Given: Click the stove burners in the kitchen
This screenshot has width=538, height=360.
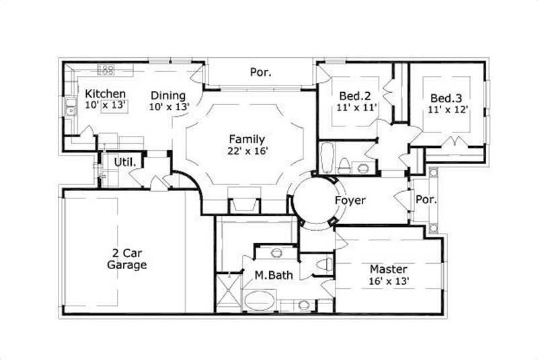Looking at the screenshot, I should pyautogui.click(x=106, y=69).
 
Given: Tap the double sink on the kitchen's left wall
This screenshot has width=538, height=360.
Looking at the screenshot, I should pyautogui.click(x=71, y=107).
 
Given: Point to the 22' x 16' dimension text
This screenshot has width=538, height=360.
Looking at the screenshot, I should pyautogui.click(x=248, y=151).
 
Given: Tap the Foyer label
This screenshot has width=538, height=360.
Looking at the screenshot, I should pyautogui.click(x=350, y=201).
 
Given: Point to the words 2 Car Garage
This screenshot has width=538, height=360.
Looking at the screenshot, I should pyautogui.click(x=126, y=260).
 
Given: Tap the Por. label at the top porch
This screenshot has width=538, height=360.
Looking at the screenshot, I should pyautogui.click(x=260, y=71).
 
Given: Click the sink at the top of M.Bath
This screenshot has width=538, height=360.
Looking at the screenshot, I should pyautogui.click(x=276, y=253).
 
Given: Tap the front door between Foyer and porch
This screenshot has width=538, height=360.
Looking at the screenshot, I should pyautogui.click(x=403, y=201).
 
